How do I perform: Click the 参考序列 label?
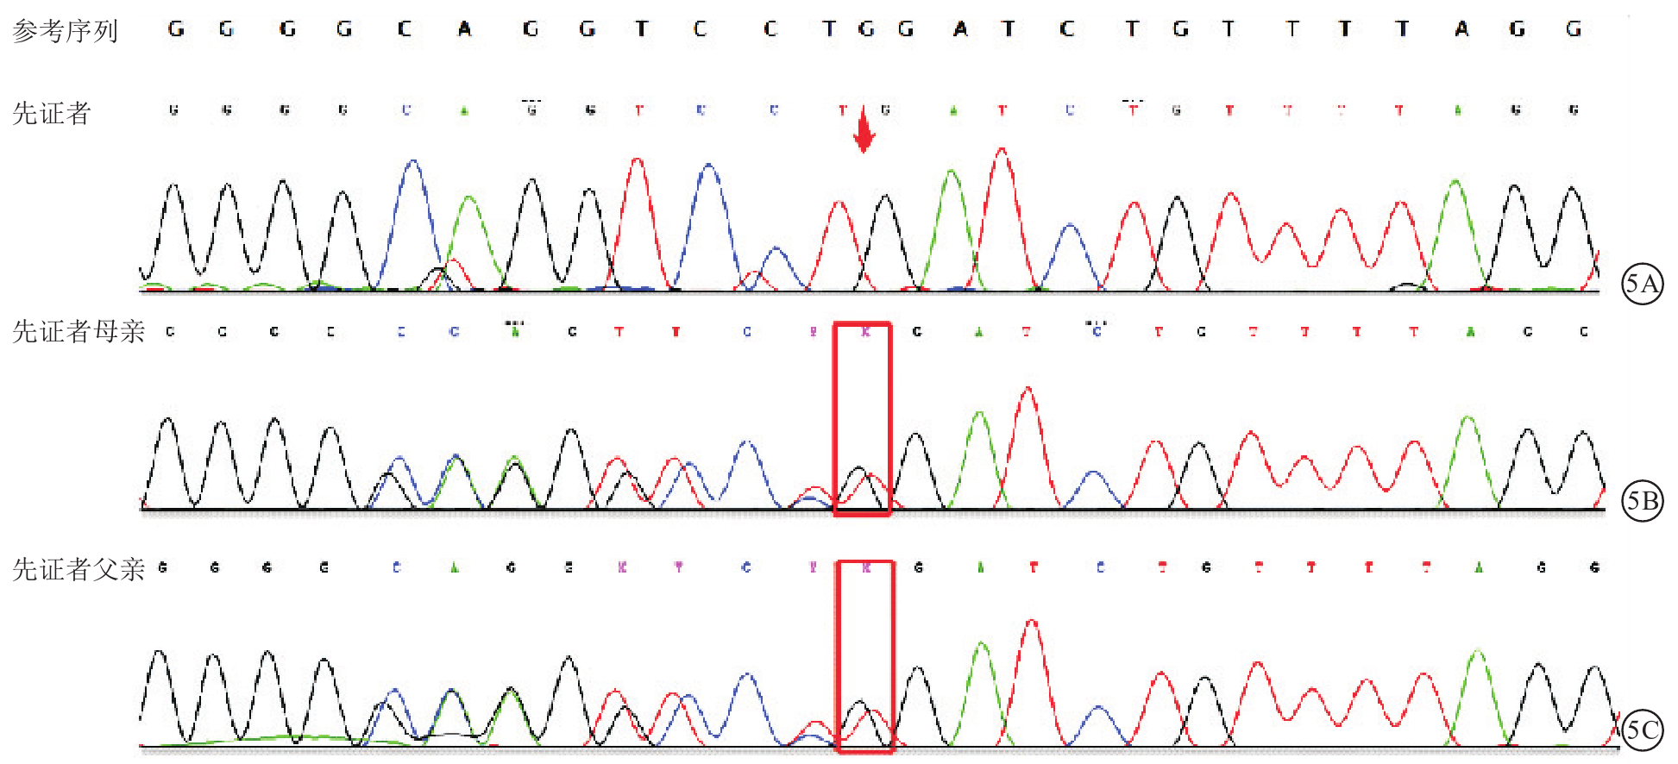point(66,32)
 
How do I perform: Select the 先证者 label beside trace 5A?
point(52,114)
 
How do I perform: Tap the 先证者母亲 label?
point(79,332)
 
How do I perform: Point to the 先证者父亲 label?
point(79,569)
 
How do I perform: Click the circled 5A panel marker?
point(1642,284)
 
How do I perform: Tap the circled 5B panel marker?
point(1642,501)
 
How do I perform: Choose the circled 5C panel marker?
point(1642,730)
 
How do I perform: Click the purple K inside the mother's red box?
point(865,332)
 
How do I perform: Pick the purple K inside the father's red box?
point(866,567)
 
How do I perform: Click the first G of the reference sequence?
point(176,29)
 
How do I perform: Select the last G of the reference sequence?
point(1574,29)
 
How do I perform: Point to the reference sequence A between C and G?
point(464,29)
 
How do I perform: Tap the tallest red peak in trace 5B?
point(1028,390)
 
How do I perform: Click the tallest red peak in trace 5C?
point(1033,622)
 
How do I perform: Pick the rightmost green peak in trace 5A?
point(1456,182)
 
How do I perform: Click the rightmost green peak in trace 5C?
point(1478,652)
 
